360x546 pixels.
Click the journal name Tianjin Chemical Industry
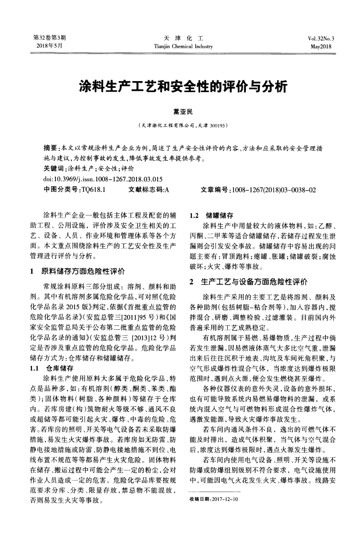pos(180,46)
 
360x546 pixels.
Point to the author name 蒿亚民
pos(180,112)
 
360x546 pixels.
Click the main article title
pos(180,87)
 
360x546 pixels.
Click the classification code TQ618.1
pos(94,189)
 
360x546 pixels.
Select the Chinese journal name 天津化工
pos(180,38)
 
